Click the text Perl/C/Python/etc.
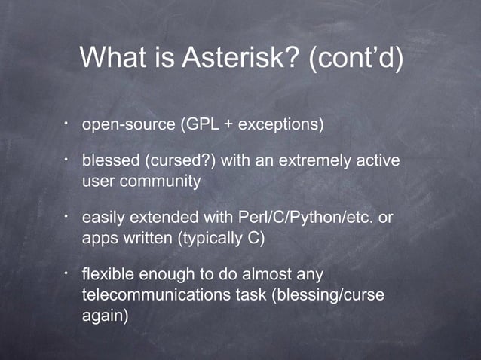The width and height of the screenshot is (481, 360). (305, 219)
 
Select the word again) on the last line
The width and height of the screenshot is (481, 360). (105, 316)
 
